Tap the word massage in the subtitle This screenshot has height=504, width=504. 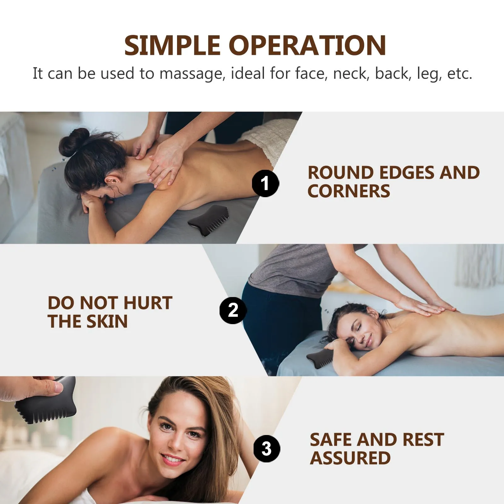click(x=192, y=74)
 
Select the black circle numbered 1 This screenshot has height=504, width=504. click(x=265, y=183)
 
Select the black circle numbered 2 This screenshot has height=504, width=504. click(x=233, y=310)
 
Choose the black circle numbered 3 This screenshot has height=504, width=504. click(x=267, y=449)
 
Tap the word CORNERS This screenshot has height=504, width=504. click(x=349, y=191)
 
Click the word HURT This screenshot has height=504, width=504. click(x=148, y=303)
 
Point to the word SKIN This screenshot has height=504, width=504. click(x=107, y=322)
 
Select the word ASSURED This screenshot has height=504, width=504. click(x=350, y=458)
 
